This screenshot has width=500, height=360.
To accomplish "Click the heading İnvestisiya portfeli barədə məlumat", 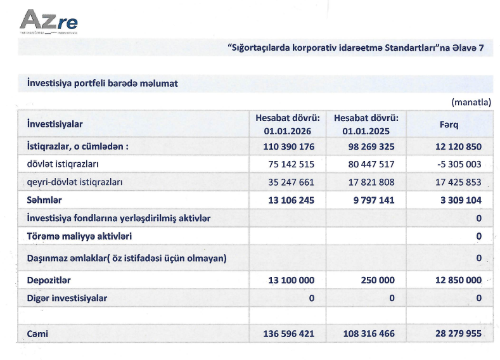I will click(102, 84).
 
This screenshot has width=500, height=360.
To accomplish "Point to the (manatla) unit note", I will click(471, 101).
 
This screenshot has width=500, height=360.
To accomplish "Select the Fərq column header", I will click(449, 125).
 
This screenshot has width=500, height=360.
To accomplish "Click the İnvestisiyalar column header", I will click(55, 125).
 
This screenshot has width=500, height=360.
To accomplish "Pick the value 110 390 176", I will click(289, 146).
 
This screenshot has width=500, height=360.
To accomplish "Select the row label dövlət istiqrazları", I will click(62, 164).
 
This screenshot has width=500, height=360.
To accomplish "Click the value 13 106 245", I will click(289, 200).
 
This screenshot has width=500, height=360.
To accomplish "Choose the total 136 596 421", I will click(289, 333).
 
